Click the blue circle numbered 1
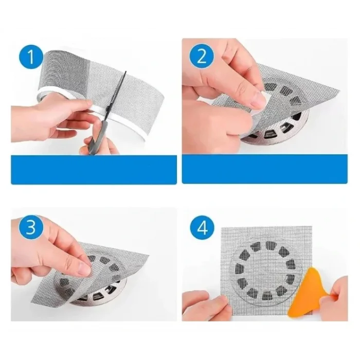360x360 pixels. point(31,57)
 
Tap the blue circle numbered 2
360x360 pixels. point(202,57)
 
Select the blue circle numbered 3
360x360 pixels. point(31,227)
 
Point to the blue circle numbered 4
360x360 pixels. point(202,227)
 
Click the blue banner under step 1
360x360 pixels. point(94,169)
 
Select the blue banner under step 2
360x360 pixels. point(265,169)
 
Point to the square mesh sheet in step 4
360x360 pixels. point(266,271)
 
